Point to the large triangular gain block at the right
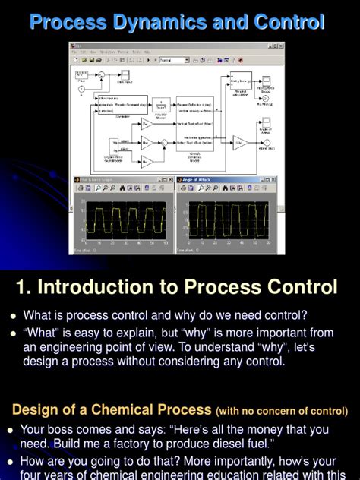click(240, 142)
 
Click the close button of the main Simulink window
click(281, 46)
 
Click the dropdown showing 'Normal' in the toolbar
click(175, 60)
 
